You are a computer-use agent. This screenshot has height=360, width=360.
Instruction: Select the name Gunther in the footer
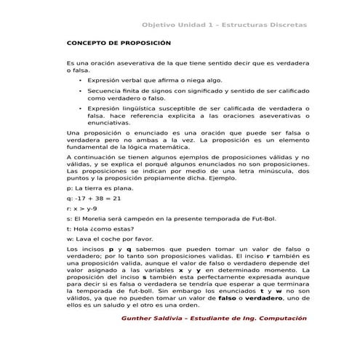click(x=138, y=319)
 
